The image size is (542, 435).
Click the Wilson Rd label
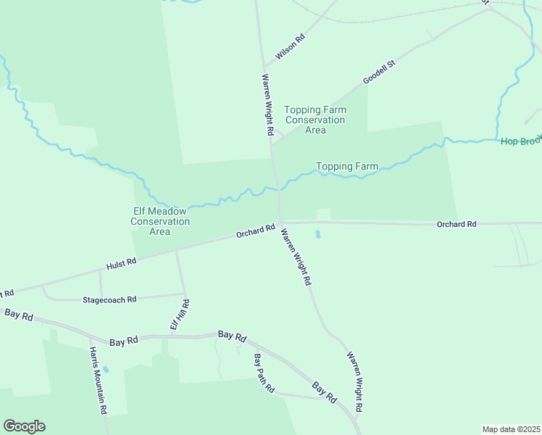[290, 46]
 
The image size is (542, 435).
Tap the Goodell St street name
[380, 72]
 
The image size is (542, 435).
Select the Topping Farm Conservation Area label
[315, 120]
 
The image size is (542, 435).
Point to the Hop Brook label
[520, 140]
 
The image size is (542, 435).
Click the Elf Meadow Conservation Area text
[159, 221]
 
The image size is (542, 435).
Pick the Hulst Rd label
[121, 262]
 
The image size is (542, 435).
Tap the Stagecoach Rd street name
[109, 299]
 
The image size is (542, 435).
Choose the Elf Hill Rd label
[180, 315]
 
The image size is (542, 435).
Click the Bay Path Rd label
[264, 373]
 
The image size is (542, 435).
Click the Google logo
[24, 426]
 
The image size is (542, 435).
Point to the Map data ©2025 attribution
[511, 428]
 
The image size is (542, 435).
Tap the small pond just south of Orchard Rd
[317, 235]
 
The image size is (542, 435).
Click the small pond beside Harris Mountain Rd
[106, 369]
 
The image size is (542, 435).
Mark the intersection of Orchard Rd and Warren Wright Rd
[280, 223]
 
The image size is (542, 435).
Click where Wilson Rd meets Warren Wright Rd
[264, 68]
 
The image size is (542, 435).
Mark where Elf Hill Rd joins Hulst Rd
[176, 251]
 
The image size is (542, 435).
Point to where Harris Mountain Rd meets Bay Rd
[89, 337]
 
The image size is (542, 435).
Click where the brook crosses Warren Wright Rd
[277, 188]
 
